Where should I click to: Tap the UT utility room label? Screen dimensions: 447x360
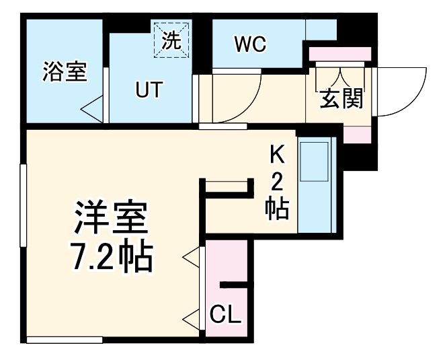pos(149,89)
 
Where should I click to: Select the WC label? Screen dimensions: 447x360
pos(250,44)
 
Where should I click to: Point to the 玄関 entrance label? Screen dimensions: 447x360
pos(341,98)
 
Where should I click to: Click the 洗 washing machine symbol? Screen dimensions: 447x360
pos(171,40)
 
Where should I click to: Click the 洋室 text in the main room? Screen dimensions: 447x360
pos(111,217)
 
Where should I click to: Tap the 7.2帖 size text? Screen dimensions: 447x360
pos(112,258)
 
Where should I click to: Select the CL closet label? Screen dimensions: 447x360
pos(225,315)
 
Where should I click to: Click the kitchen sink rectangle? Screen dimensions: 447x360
pos(314,161)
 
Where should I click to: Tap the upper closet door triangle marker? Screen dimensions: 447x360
pos(192,258)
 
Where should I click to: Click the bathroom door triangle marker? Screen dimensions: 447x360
pos(91,109)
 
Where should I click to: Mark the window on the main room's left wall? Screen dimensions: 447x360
pos(23,205)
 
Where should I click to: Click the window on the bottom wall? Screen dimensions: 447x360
pos(65,340)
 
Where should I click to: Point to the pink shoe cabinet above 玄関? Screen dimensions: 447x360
pos(340,54)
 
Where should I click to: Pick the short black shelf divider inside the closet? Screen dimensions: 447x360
pos(233,285)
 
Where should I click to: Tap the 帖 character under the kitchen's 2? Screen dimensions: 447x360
pos(277,209)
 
